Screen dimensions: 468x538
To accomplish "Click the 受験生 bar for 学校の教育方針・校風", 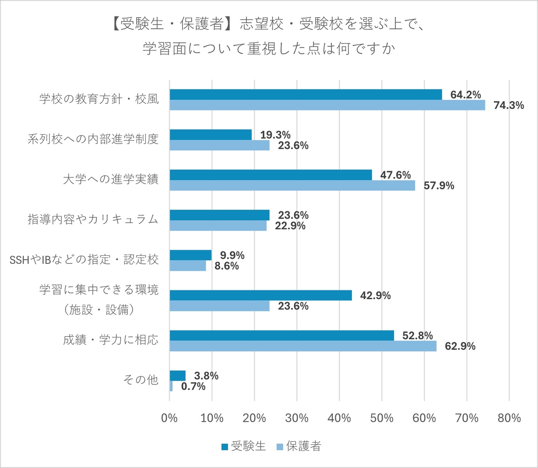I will click(306, 95).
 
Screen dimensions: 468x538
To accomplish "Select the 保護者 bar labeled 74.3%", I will click(327, 105).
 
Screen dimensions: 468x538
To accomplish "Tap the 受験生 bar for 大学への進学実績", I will click(271, 175).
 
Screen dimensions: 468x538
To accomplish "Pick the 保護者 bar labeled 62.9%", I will click(303, 346).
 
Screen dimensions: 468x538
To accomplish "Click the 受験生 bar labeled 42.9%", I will click(261, 295).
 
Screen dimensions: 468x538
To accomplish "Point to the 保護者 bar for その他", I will click(171, 386).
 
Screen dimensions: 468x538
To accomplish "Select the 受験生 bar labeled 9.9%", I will click(190, 255).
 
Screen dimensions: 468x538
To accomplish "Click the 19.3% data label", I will click(275, 135).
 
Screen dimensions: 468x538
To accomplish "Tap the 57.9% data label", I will click(439, 186).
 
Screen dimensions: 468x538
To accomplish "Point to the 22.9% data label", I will click(290, 226).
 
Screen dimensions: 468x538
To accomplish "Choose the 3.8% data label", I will click(206, 376).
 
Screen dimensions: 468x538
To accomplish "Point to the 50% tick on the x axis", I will click(382, 418).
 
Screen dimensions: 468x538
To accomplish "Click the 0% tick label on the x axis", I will click(169, 418).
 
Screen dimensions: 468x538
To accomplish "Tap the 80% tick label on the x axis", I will click(509, 418).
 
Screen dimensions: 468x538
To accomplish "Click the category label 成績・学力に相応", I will click(111, 340).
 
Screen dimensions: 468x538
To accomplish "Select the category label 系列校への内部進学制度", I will click(93, 139).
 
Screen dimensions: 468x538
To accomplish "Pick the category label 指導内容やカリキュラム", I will click(93, 219).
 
